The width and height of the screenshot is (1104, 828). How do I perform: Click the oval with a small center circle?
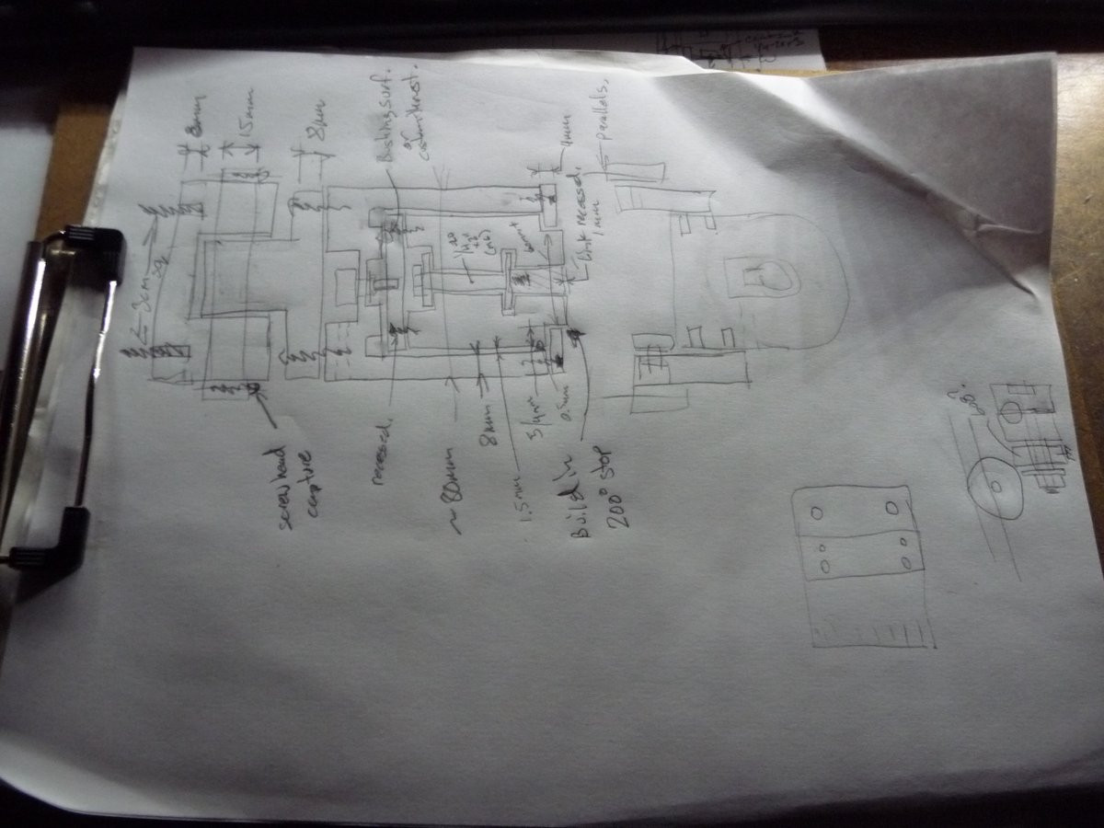point(997,487)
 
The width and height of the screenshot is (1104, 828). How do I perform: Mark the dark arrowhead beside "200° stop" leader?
point(578,339)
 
